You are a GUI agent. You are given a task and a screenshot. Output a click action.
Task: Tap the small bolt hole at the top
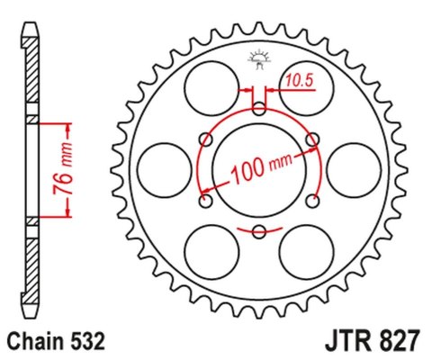259,109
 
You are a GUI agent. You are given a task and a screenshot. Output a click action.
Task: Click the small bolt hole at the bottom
259,232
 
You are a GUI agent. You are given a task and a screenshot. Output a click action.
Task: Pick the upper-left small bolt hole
206,139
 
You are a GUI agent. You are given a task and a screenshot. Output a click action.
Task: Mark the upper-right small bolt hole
312,139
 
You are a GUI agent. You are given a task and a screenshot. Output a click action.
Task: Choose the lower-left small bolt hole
206,202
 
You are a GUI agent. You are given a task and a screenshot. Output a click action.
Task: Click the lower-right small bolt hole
312,202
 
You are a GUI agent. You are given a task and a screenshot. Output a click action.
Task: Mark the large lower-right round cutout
305,250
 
